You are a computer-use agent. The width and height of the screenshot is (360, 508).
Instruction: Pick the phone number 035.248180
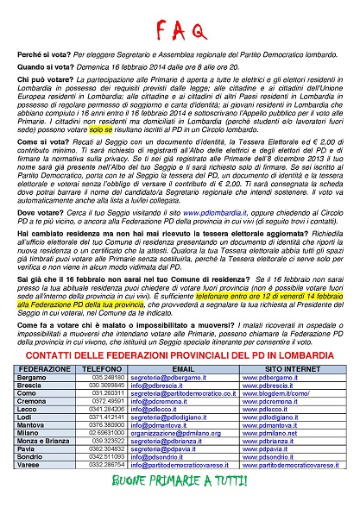(x=108, y=377)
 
